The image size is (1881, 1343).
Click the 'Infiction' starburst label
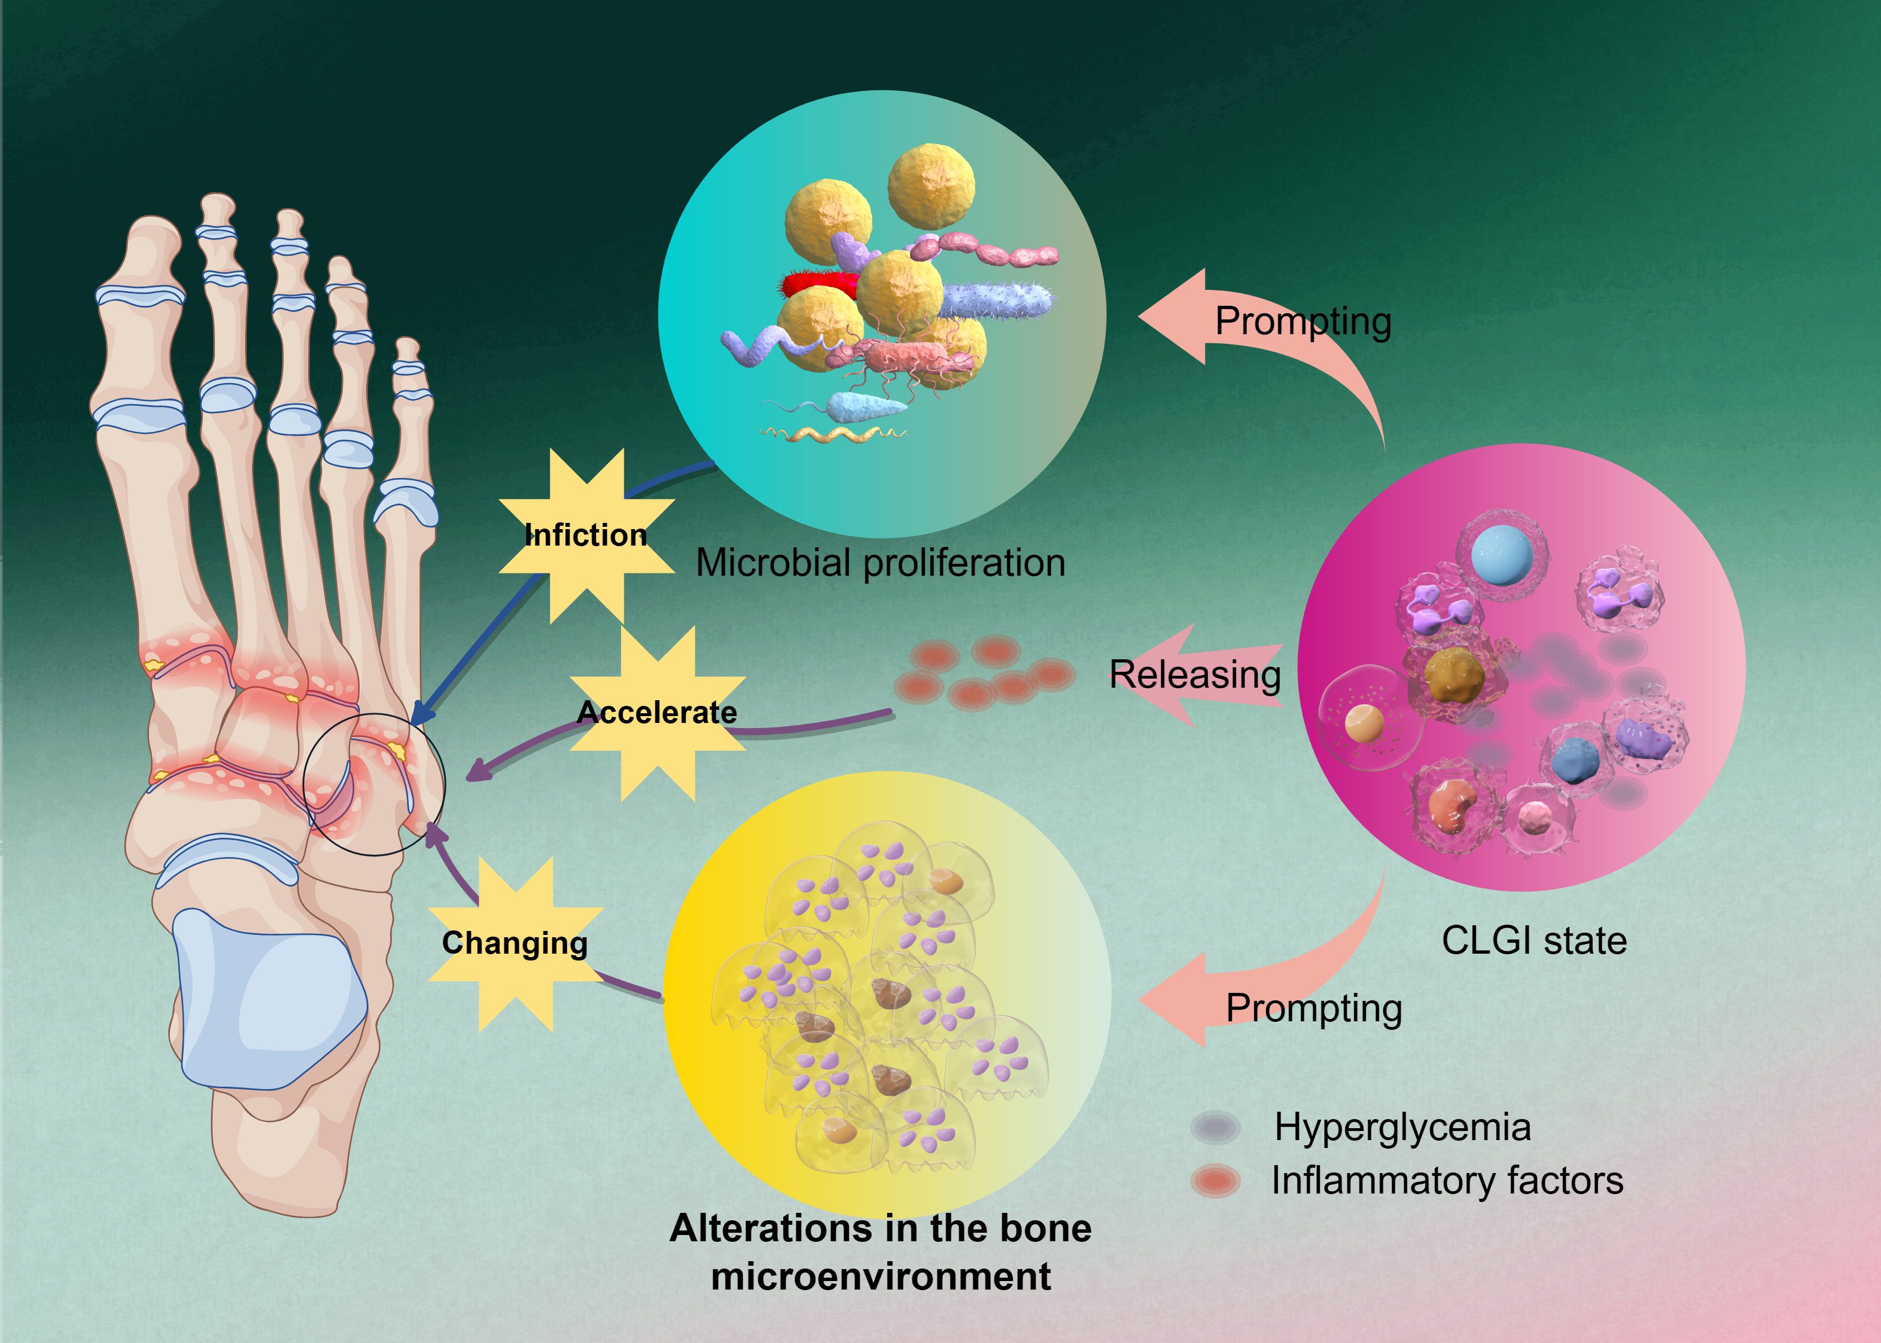coord(586,535)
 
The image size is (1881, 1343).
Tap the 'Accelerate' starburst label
coord(657,712)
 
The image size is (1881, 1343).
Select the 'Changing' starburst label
coord(515,943)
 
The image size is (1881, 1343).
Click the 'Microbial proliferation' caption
coord(880,563)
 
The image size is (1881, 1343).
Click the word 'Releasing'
coord(1195,675)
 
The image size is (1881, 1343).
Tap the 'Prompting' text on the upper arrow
coord(1303,321)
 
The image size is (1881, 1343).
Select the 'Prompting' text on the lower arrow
coord(1314,1008)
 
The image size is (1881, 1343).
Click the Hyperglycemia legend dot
coord(1215,1127)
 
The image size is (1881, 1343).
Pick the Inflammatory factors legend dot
coord(1215,1181)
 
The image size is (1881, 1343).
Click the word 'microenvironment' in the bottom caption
coord(880,1276)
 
